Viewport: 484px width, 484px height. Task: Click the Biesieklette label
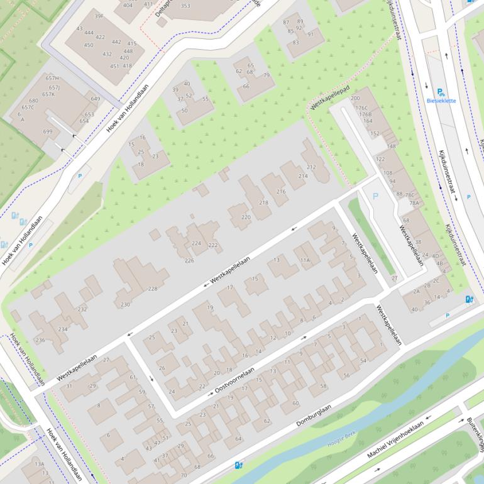point(441,101)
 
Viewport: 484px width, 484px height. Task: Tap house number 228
point(152,289)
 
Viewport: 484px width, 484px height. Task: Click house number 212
point(311,167)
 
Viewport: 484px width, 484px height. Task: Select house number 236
point(40,340)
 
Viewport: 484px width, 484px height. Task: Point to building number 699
point(48,131)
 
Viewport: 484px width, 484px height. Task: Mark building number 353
point(185,6)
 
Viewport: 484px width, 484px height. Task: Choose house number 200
point(355,98)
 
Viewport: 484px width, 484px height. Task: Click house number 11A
point(305,260)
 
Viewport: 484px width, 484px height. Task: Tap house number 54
point(363,360)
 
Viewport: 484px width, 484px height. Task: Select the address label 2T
point(395,277)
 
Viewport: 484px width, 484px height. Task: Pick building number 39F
point(99,16)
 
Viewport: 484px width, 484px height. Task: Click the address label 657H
point(53,78)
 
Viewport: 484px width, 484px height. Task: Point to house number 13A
point(40,464)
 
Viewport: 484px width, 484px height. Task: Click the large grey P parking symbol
point(376,196)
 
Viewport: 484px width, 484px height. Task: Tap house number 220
point(245,217)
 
